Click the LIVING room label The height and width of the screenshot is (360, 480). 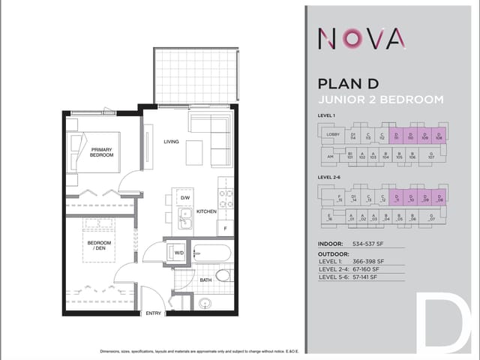(171, 140)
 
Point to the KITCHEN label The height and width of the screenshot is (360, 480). (206, 211)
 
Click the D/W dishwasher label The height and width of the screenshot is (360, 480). (184, 198)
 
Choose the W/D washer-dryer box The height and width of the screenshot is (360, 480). (179, 253)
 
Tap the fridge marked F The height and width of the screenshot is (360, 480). (225, 228)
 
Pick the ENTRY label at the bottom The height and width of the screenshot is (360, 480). (153, 313)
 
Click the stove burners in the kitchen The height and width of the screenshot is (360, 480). (225, 198)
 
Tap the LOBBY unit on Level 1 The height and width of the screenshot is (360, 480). (334, 134)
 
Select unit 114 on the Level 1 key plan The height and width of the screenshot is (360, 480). (352, 136)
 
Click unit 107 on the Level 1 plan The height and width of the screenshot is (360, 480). (431, 157)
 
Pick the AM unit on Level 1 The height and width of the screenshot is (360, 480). (330, 157)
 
